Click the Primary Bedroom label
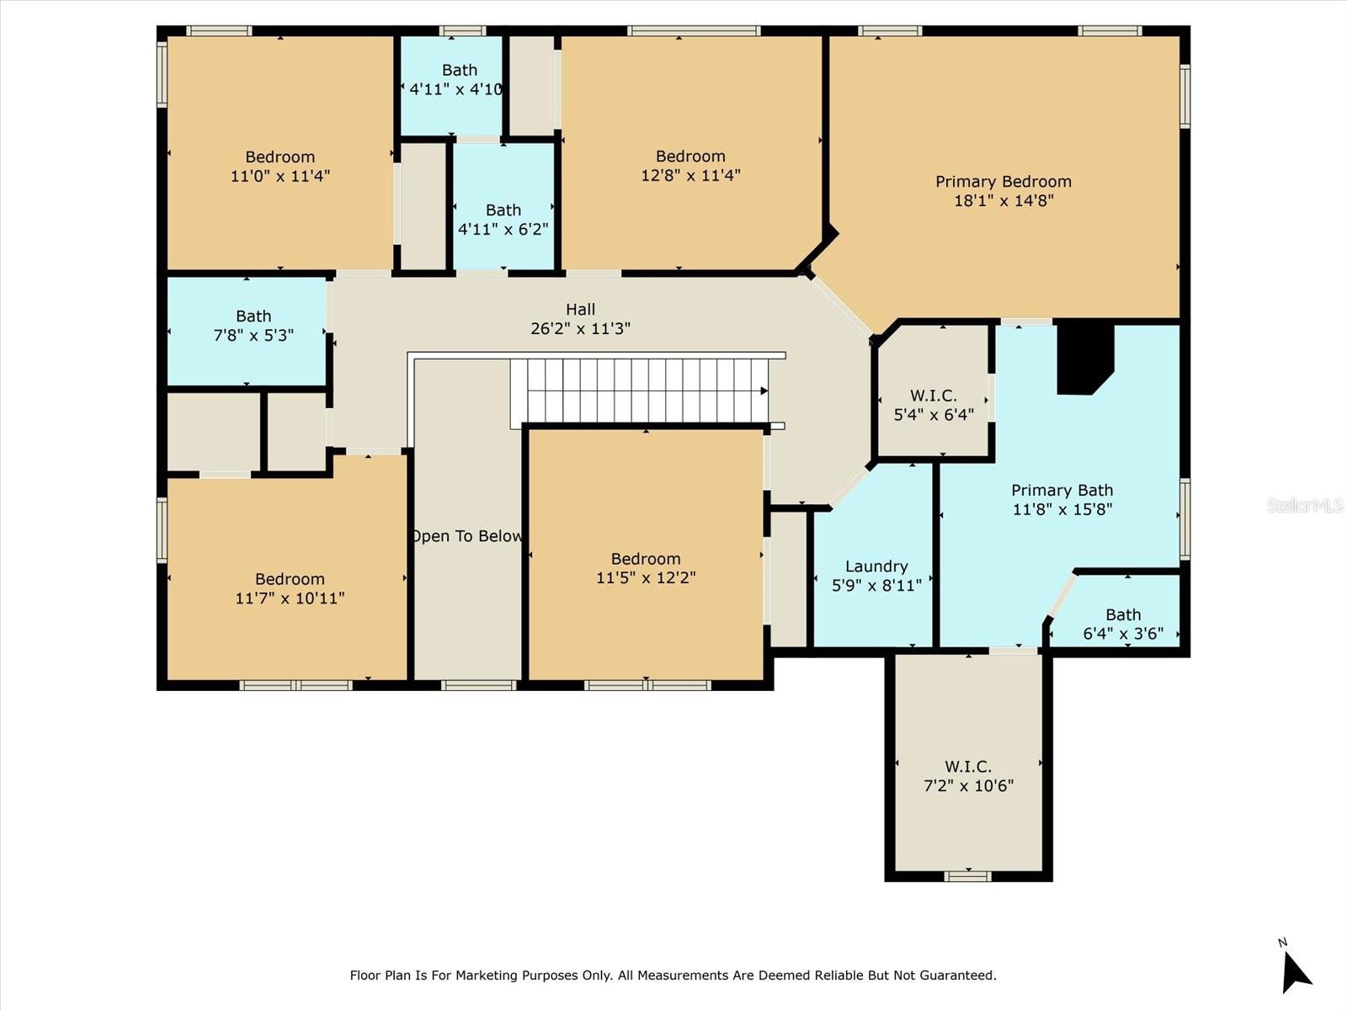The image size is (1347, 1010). (x=1003, y=181)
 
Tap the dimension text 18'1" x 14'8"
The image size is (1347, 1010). (x=1003, y=200)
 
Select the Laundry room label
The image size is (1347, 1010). (x=876, y=566)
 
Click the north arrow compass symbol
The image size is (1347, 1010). (x=1295, y=970)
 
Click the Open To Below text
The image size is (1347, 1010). (x=466, y=536)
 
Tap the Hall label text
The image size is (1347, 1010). (x=580, y=309)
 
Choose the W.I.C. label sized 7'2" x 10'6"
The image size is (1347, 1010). (x=967, y=766)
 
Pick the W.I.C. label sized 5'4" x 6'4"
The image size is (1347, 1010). (x=933, y=396)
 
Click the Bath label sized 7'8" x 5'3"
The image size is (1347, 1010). (x=253, y=316)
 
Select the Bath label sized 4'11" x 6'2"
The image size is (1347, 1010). (x=503, y=210)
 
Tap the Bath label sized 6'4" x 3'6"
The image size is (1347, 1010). (x=1123, y=614)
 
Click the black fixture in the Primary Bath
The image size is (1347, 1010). (x=1084, y=357)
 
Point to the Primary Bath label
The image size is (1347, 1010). (x=1062, y=490)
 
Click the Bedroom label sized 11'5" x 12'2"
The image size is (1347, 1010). (x=646, y=559)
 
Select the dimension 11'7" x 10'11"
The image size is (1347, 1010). (x=290, y=598)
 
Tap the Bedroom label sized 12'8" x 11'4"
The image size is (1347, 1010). (x=690, y=156)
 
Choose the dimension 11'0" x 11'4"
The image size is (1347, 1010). (x=280, y=176)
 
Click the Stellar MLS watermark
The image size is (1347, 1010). (x=1305, y=505)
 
